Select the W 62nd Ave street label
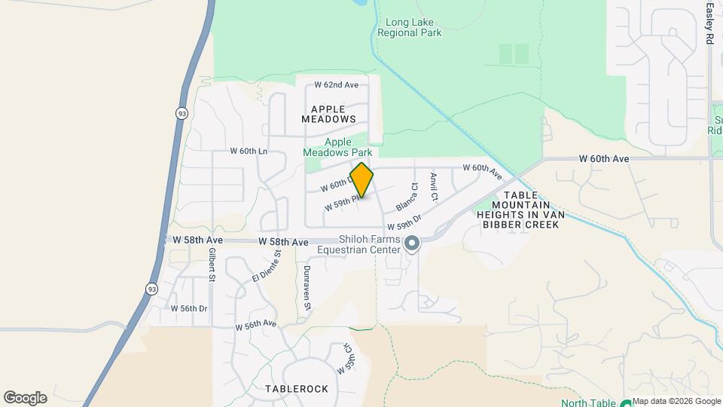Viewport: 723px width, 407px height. tap(336, 85)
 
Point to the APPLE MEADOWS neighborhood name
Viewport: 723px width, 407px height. tap(328, 114)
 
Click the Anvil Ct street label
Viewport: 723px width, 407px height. tap(434, 186)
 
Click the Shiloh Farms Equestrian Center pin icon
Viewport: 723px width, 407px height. tap(412, 243)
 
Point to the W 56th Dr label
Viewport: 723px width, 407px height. tap(189, 308)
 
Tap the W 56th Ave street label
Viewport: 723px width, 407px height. tap(256, 325)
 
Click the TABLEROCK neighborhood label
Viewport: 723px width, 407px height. tap(297, 389)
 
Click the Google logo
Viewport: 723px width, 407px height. tap(25, 398)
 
